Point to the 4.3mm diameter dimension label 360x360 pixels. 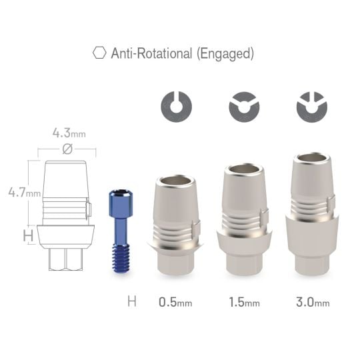[x=69, y=133]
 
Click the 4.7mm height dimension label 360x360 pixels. [x=23, y=193]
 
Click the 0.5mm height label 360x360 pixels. [x=175, y=302]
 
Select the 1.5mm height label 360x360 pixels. [x=244, y=302]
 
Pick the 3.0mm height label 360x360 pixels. [x=313, y=302]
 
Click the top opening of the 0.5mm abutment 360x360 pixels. [x=176, y=181]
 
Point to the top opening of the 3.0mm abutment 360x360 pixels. [x=312, y=159]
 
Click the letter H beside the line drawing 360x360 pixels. [x=28, y=235]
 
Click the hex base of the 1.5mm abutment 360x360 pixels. [x=244, y=262]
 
